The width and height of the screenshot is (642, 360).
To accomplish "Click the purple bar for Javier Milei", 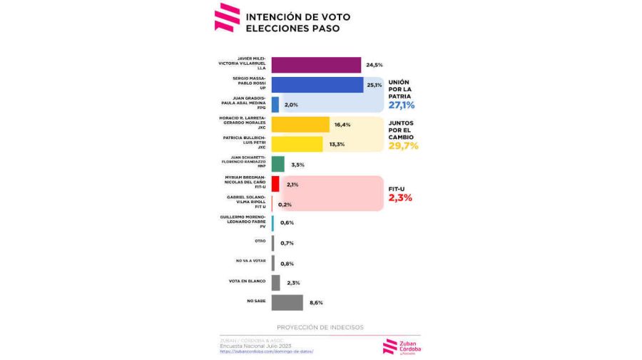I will [x=316, y=65].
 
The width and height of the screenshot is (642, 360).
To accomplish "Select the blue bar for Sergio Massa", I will [x=317, y=85].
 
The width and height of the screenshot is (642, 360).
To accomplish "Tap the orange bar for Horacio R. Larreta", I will [x=300, y=125].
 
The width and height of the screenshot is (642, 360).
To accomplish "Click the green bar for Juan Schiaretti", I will [x=278, y=164].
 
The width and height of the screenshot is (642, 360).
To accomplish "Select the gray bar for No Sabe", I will [x=287, y=302].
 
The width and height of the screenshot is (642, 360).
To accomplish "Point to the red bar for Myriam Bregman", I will [x=275, y=184].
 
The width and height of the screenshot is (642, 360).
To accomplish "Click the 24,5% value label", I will [x=374, y=65].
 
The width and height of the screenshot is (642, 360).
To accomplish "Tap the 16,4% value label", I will [x=342, y=125].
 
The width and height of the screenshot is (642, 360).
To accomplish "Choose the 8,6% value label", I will [x=316, y=303].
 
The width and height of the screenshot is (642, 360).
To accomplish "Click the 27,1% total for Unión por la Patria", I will [x=402, y=106].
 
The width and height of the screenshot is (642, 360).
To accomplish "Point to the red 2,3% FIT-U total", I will [x=400, y=197].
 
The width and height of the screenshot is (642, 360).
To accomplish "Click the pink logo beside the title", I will [x=227, y=17].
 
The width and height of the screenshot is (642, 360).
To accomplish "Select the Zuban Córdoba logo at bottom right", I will [x=402, y=345].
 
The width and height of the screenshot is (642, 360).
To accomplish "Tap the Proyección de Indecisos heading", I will [x=320, y=327].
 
